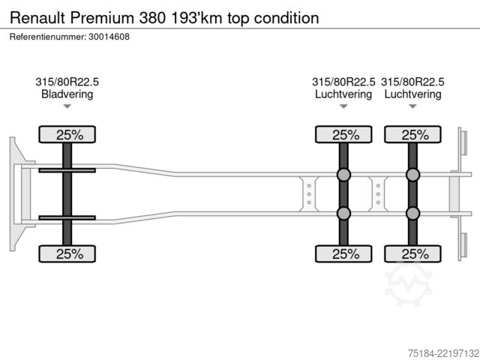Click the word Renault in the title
37,18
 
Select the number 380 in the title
152,18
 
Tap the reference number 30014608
109,37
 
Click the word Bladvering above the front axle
67,94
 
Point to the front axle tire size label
67,82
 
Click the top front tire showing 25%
67,134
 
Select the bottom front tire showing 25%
67,253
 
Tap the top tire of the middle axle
343,134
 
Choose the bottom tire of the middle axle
343,253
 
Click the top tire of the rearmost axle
412,134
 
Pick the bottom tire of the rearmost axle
412,253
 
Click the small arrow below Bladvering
67,106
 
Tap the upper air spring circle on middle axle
343,175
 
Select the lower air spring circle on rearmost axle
412,213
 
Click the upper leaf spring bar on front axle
67,170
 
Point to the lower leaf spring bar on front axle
67,217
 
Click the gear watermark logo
408,283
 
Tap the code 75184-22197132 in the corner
443,353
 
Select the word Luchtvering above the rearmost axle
412,94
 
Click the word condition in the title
286,18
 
